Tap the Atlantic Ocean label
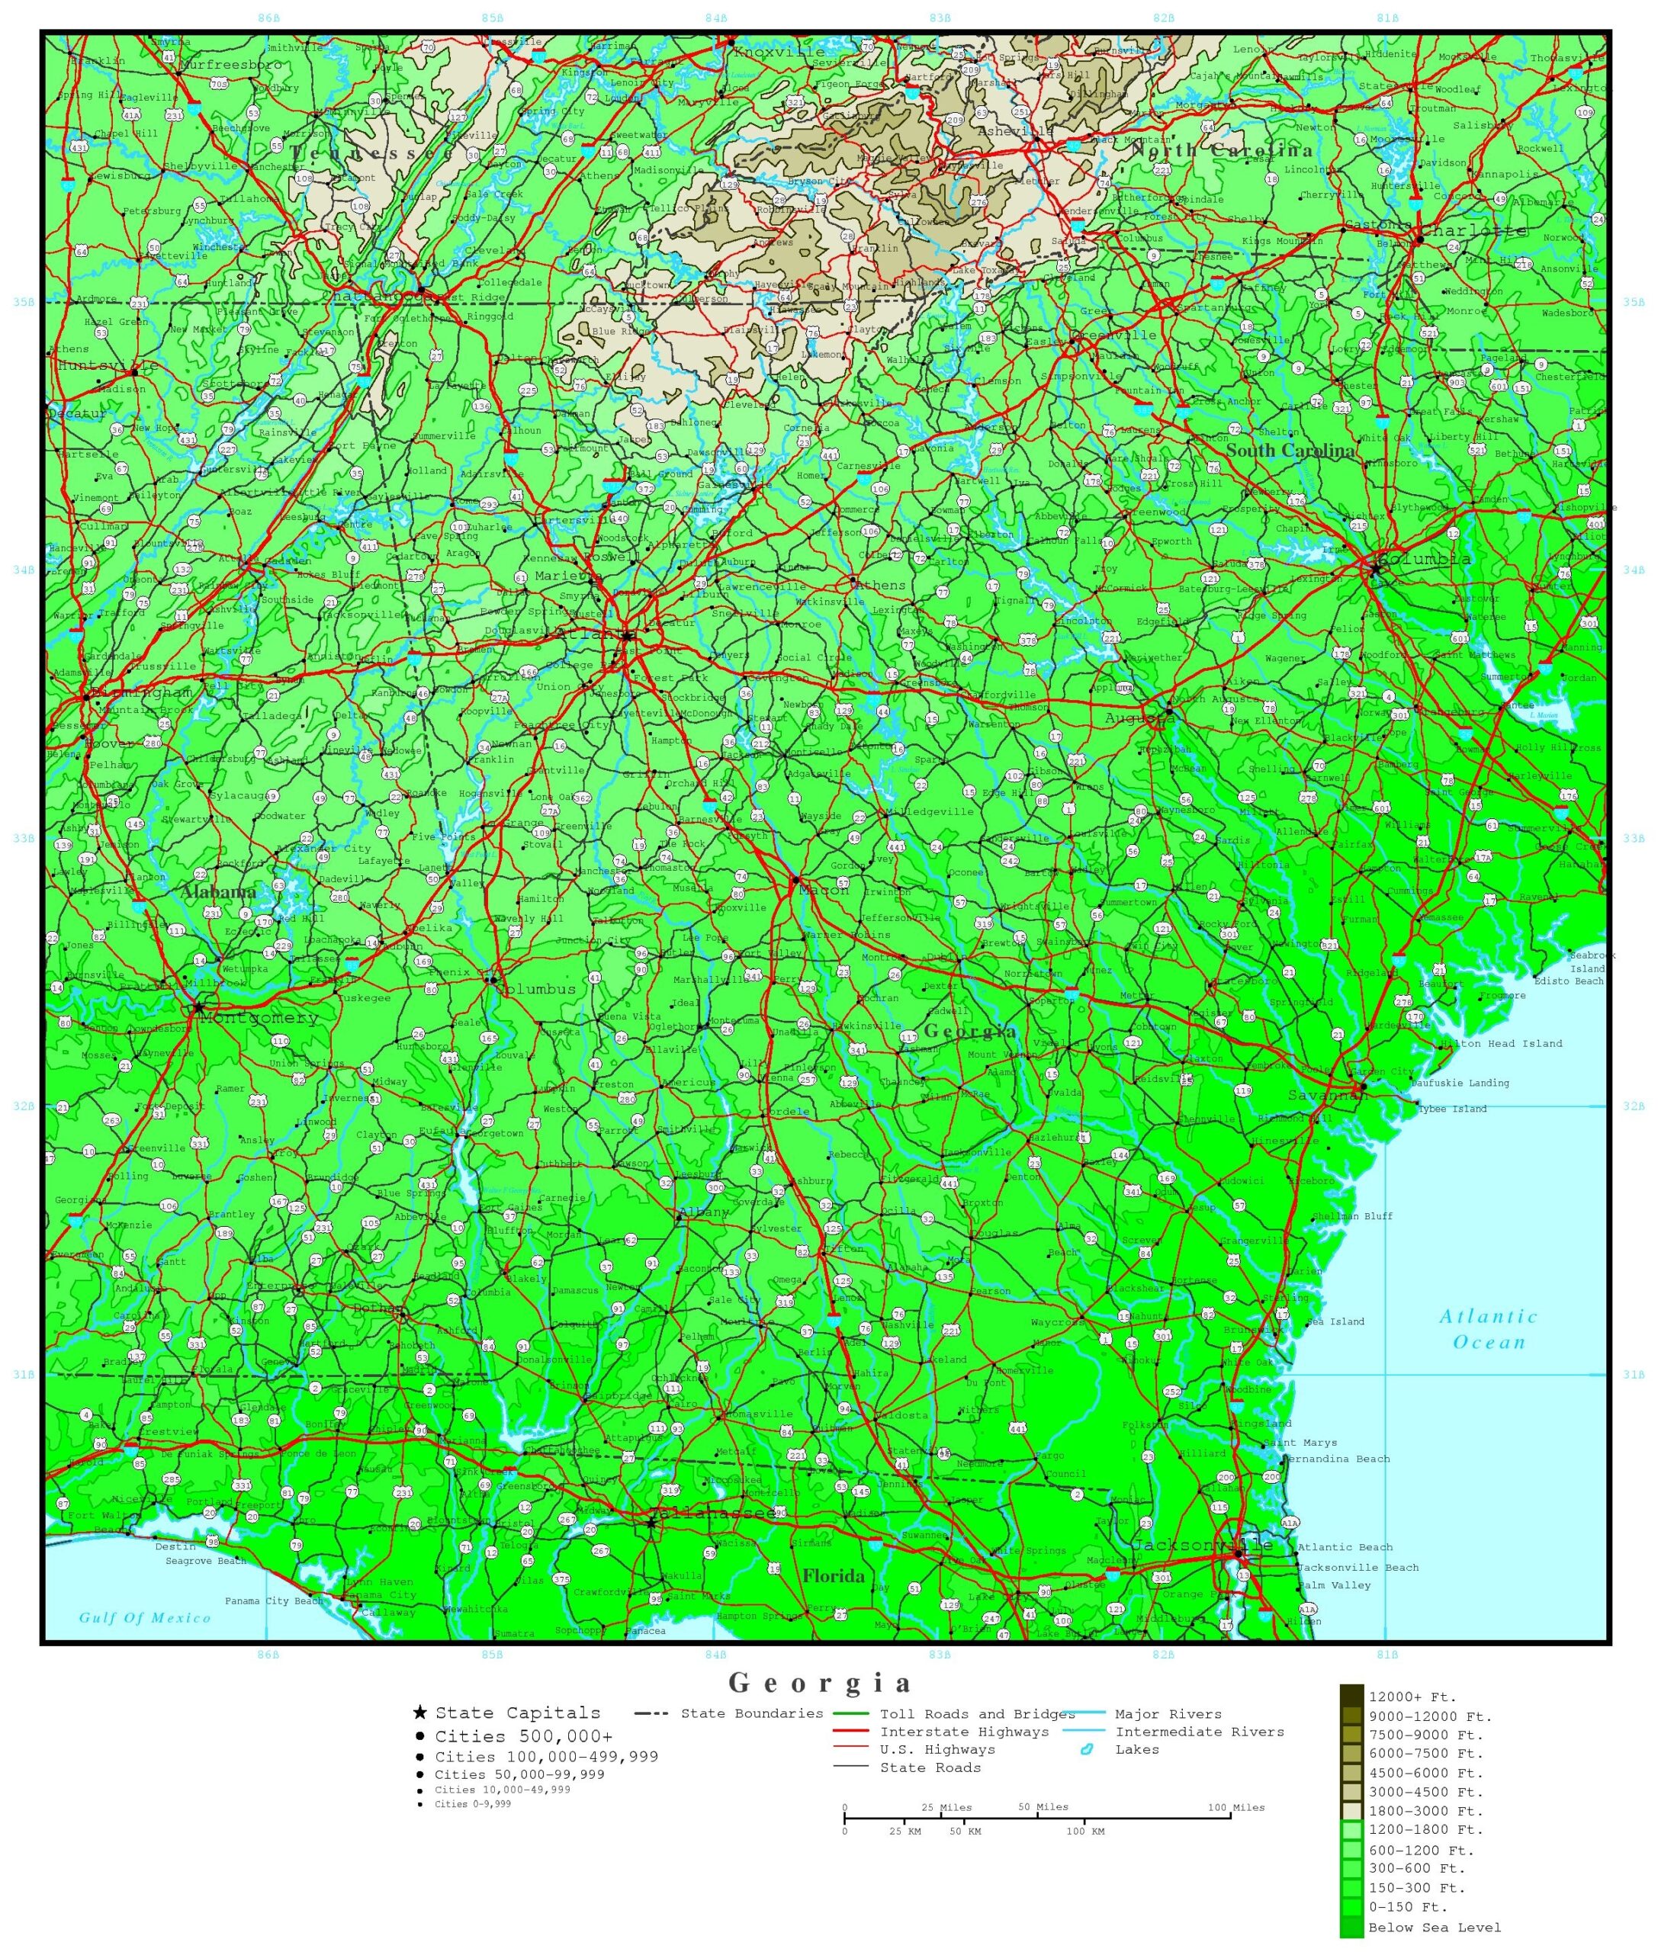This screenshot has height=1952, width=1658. pos(1488,1329)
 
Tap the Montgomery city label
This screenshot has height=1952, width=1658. pos(259,1018)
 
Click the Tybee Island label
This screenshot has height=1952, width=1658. pos(1451,1109)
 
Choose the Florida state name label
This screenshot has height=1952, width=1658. pos(833,1576)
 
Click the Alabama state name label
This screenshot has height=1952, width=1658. pos(219,891)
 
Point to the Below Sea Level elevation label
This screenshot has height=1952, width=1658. pos(1435,1928)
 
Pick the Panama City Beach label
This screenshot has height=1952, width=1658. pos(274,1600)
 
